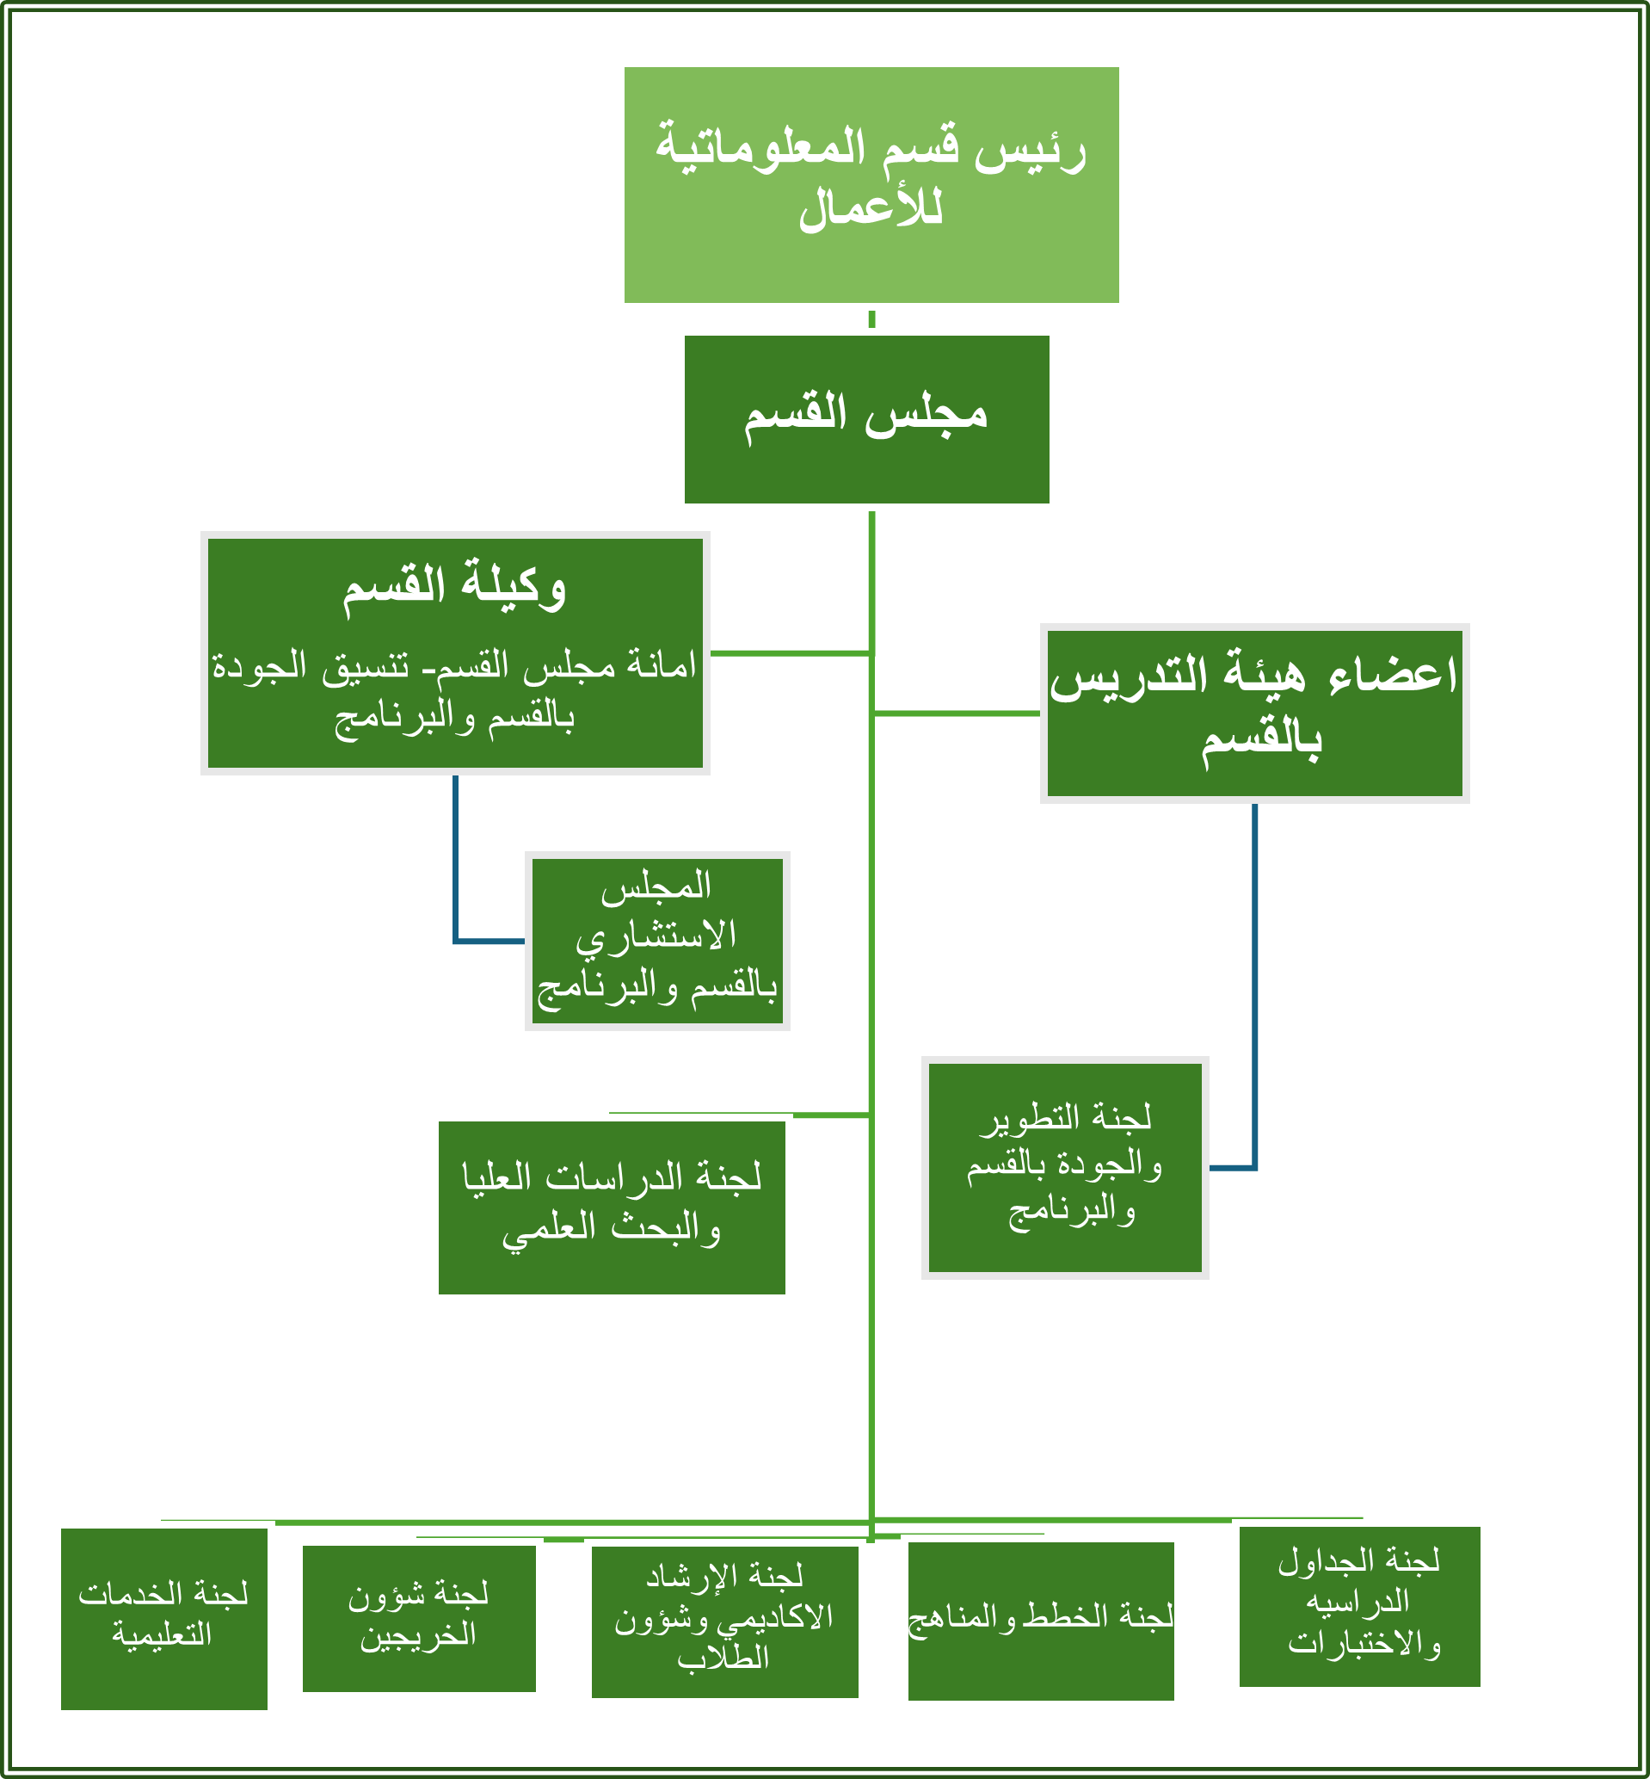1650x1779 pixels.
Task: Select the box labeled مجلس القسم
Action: pyautogui.click(x=866, y=419)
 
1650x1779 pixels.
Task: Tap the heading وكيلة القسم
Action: pyautogui.click(x=454, y=587)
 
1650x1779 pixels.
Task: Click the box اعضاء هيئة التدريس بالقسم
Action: pyautogui.click(x=1253, y=713)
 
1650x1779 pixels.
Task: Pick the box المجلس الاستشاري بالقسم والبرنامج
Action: pyautogui.click(x=657, y=941)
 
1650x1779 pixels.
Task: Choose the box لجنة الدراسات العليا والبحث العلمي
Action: pyautogui.click(x=612, y=1208)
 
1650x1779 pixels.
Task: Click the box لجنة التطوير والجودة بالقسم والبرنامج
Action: pyautogui.click(x=1064, y=1167)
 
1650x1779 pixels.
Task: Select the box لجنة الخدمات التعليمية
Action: pyautogui.click(x=163, y=1618)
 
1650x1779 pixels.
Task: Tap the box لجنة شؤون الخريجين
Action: pyautogui.click(x=419, y=1617)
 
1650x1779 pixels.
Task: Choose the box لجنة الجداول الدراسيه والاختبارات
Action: pyautogui.click(x=1359, y=1606)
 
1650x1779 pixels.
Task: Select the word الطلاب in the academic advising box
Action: pyautogui.click(x=723, y=1658)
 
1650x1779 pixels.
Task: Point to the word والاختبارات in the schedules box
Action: pyautogui.click(x=1364, y=1643)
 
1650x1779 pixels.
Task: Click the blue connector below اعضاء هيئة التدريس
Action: pyautogui.click(x=1254, y=982)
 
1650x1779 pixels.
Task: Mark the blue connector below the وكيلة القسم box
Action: pyautogui.click(x=456, y=857)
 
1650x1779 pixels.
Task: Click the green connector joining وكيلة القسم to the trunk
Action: pyautogui.click(x=791, y=654)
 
